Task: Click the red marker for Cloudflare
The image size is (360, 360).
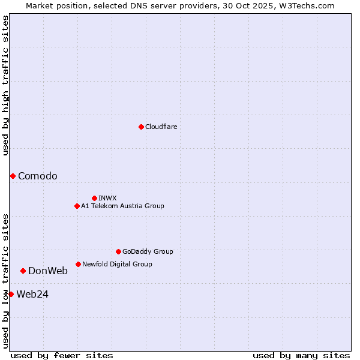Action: (x=141, y=127)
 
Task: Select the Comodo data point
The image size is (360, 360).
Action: (x=13, y=176)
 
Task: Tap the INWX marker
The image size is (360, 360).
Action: (x=94, y=198)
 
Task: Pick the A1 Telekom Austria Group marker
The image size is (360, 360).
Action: (x=77, y=206)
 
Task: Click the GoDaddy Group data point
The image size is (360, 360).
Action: (x=118, y=251)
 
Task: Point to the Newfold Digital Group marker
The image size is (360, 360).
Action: (x=78, y=264)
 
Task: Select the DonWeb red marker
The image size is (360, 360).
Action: (x=23, y=271)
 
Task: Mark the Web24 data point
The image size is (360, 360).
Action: (x=11, y=294)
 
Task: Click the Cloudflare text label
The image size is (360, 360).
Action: (x=161, y=127)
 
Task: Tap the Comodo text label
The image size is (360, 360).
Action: (x=38, y=176)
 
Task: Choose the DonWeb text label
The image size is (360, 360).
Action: (x=48, y=271)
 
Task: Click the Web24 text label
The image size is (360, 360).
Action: (x=32, y=294)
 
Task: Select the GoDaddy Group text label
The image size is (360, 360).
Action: (x=148, y=251)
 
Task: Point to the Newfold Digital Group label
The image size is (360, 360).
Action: (x=117, y=264)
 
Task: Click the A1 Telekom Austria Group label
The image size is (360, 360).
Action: (x=122, y=206)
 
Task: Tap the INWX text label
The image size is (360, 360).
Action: (x=107, y=198)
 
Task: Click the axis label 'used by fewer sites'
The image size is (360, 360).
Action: (x=62, y=355)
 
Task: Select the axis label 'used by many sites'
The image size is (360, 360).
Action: (x=301, y=355)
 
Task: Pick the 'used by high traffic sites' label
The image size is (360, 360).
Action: (x=5, y=85)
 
